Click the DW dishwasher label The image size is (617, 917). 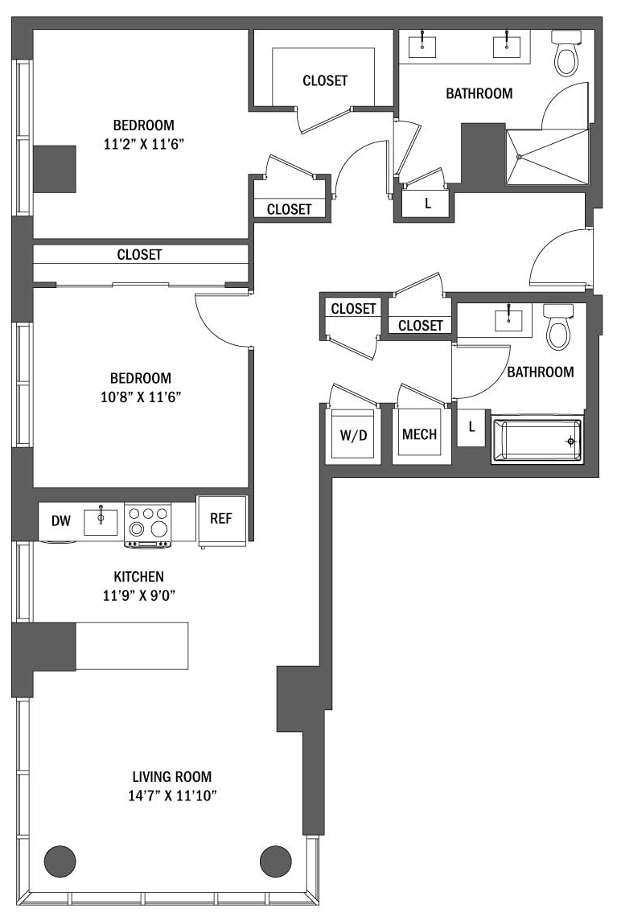click(61, 521)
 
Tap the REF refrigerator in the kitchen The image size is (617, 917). click(221, 521)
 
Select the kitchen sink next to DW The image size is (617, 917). click(101, 521)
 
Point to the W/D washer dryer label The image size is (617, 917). click(354, 436)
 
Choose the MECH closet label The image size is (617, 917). click(419, 434)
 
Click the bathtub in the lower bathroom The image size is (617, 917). click(537, 440)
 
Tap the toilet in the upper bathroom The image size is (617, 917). click(566, 54)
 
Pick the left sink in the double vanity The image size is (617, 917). click(422, 44)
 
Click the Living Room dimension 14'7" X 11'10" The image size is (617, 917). click(172, 796)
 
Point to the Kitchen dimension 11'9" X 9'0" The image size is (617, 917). click(139, 595)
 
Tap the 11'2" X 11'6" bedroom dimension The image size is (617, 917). click(144, 144)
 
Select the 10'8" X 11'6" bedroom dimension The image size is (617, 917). click(141, 397)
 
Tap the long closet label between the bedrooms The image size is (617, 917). click(139, 254)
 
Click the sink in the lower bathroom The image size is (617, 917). click(509, 319)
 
